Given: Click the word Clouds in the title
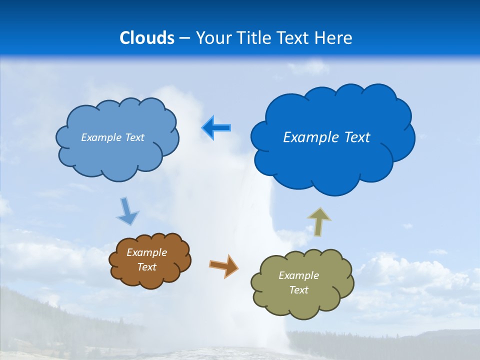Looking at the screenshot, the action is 147,38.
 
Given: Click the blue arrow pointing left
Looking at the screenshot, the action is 216,127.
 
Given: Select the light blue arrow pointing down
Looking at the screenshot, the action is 127,211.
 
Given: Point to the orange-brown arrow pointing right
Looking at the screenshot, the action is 223,265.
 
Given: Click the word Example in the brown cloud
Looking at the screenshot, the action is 147,252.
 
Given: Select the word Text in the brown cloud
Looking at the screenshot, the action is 147,267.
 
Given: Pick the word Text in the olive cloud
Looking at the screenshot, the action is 298,290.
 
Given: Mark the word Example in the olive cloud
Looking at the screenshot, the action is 298,275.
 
